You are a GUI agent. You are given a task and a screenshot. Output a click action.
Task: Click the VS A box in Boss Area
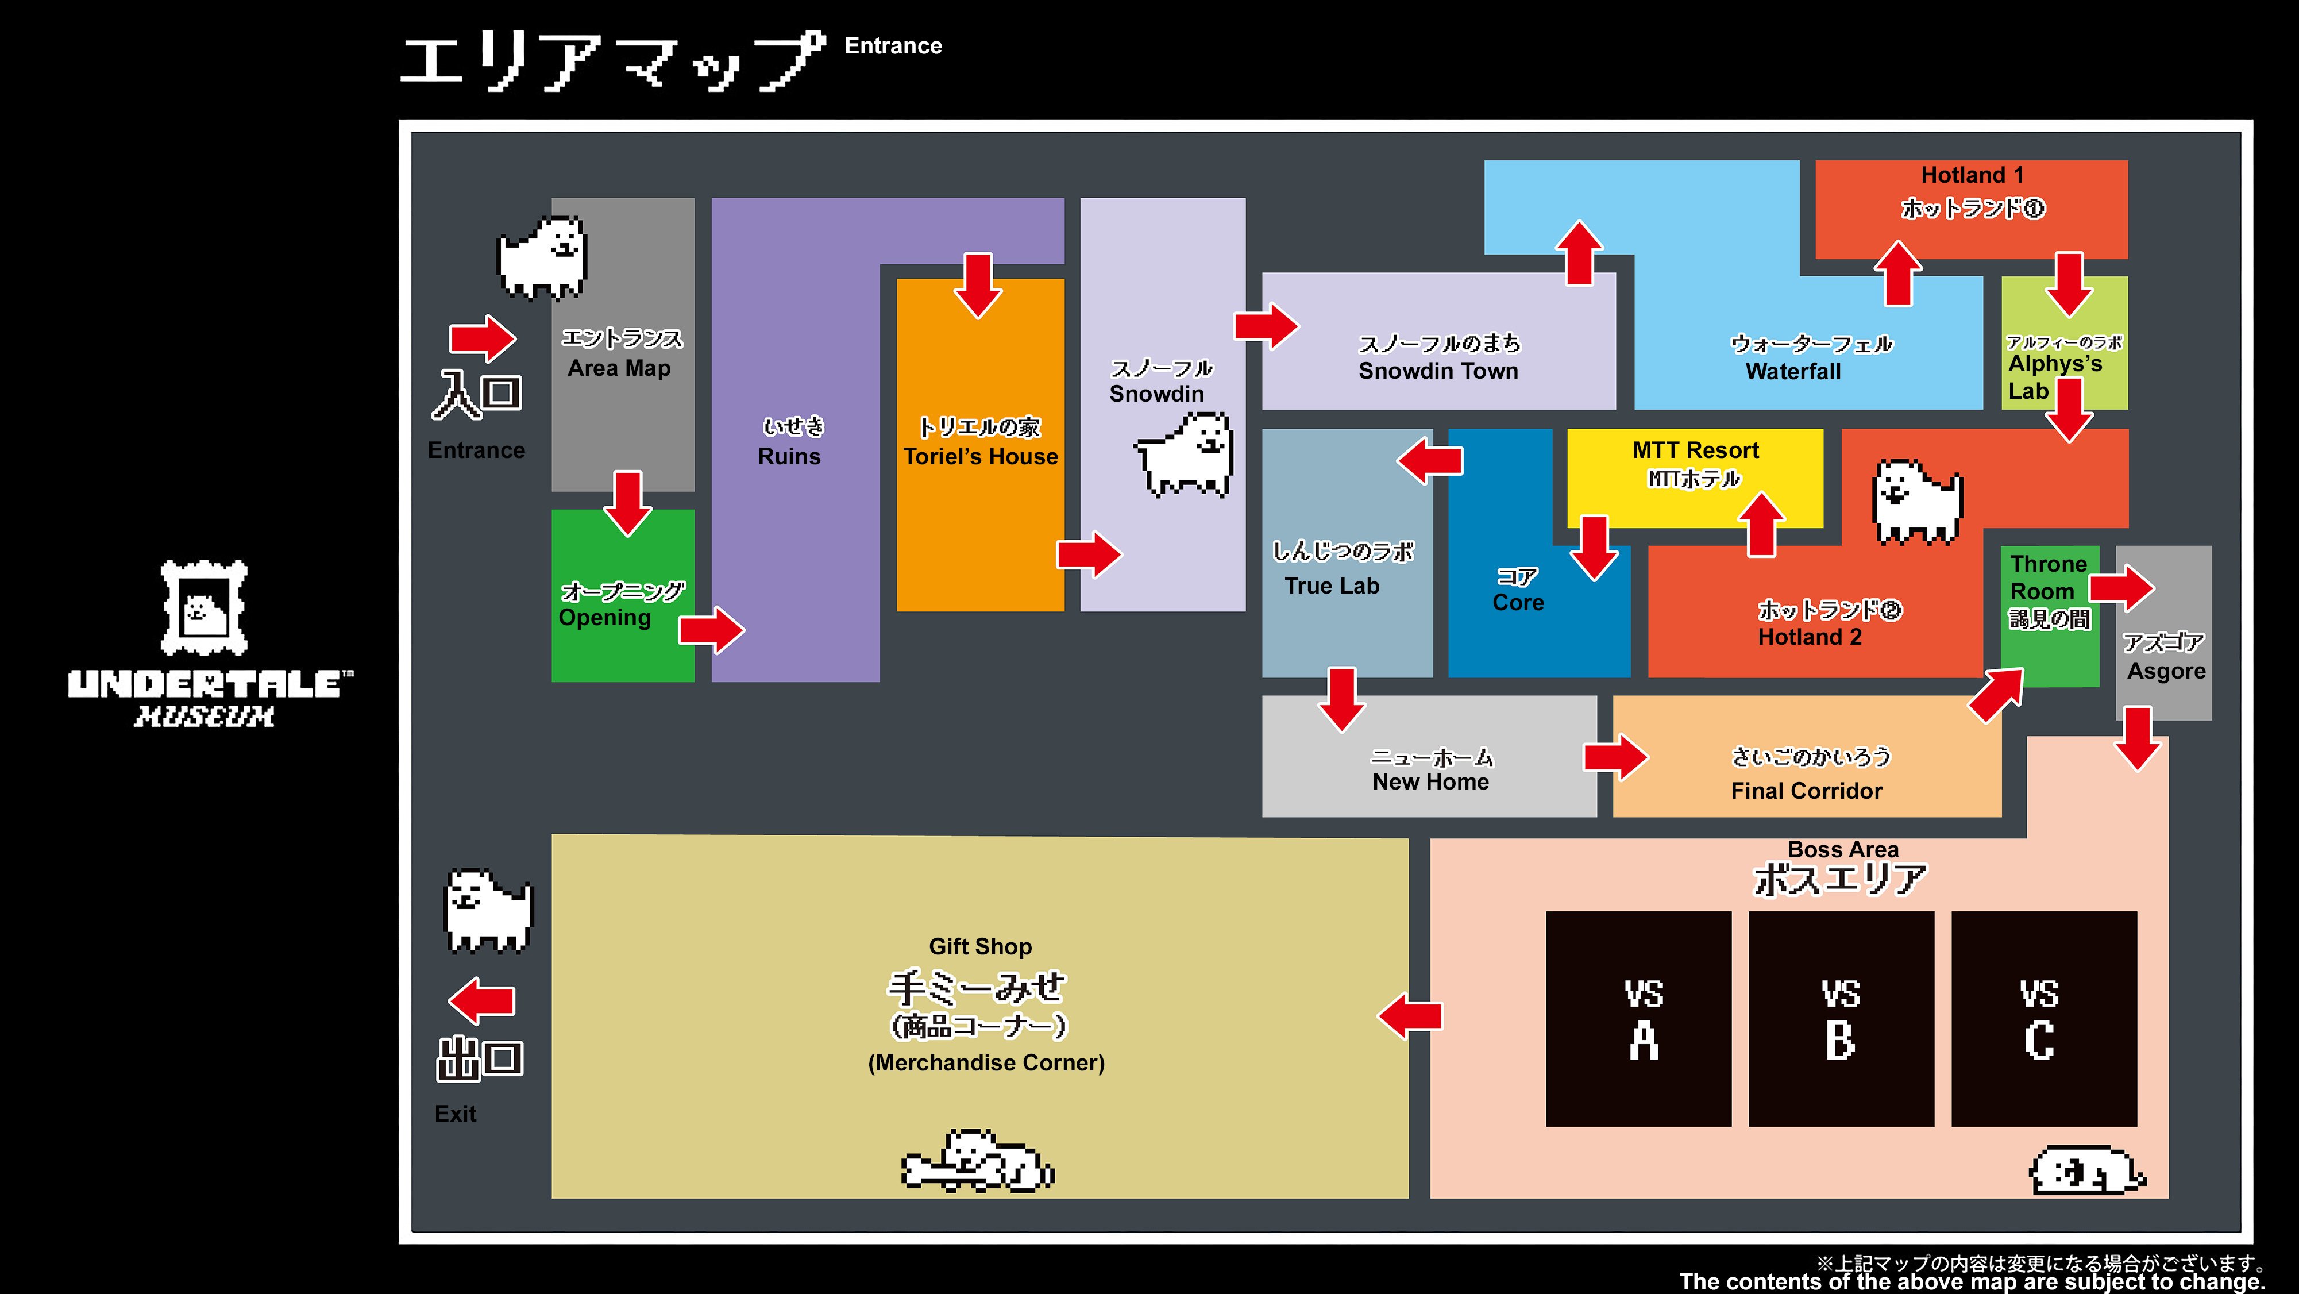tap(1638, 1018)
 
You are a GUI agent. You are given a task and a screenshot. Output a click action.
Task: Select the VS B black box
tap(1841, 1018)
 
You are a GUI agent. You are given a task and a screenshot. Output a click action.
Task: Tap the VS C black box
tap(2045, 1018)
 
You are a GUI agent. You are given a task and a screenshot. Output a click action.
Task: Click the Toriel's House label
tap(980, 456)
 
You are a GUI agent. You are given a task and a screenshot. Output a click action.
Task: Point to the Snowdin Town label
tap(1438, 371)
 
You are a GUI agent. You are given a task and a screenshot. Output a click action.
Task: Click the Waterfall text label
tap(1793, 371)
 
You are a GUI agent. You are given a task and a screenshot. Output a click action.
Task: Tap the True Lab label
tap(1332, 586)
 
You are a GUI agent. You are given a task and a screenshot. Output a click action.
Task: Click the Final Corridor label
tap(1806, 791)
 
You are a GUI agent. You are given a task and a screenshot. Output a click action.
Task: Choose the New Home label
tap(1430, 782)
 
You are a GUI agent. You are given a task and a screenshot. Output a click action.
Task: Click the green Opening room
tap(623, 595)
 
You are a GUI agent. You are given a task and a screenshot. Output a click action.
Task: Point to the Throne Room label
tap(2048, 577)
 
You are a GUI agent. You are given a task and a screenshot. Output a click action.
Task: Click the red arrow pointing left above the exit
tap(482, 1000)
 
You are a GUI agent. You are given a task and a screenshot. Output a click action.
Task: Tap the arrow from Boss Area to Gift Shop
tap(1410, 1015)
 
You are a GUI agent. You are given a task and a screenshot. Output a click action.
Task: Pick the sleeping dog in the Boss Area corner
tap(2086, 1170)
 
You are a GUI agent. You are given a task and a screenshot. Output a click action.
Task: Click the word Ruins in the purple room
tap(789, 456)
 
